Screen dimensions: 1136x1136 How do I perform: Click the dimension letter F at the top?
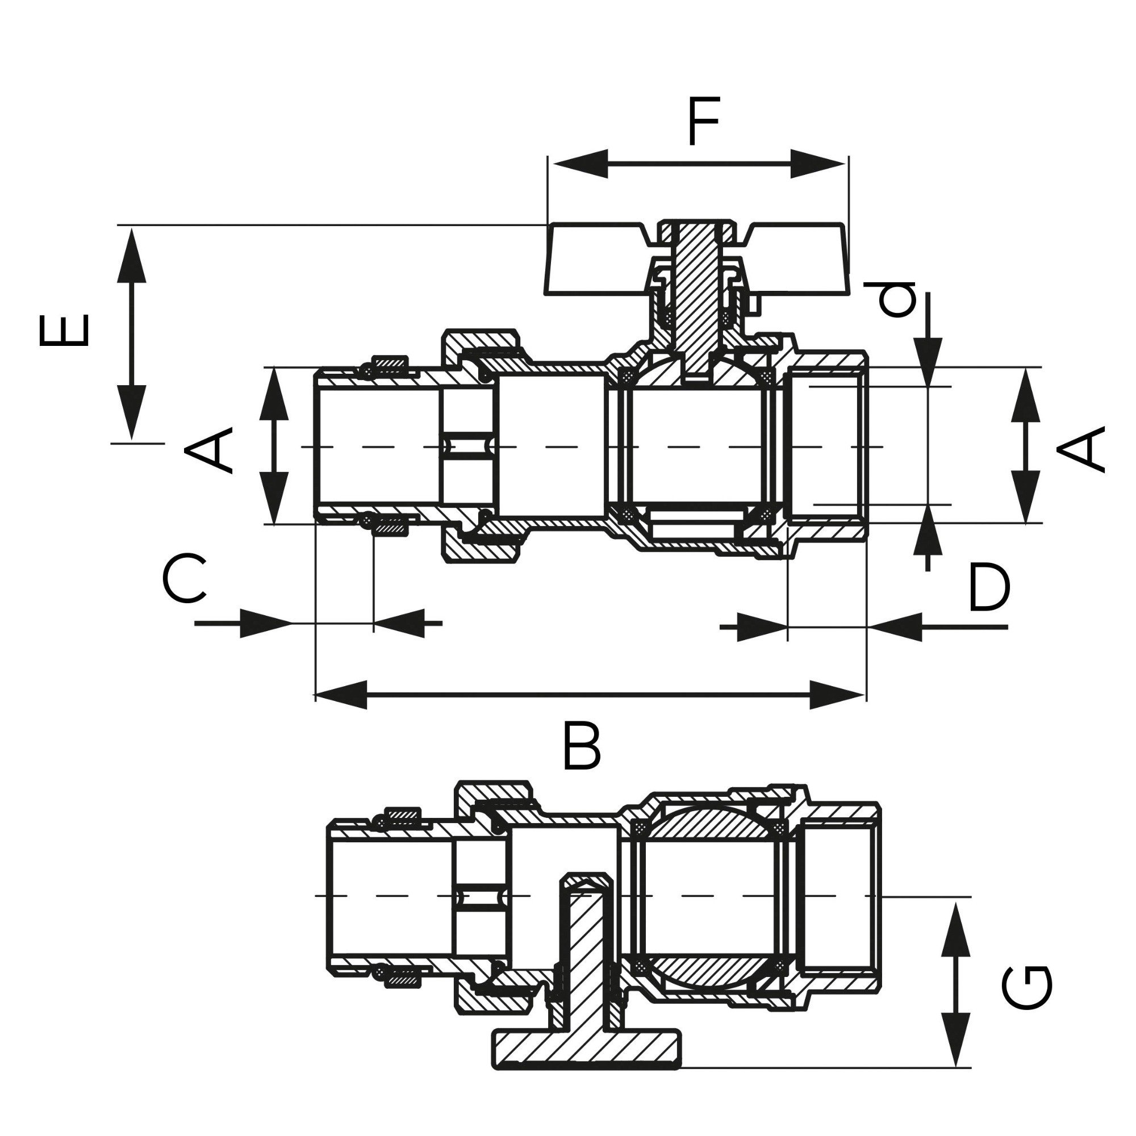(x=704, y=123)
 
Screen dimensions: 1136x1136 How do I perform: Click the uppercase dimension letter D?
(x=989, y=587)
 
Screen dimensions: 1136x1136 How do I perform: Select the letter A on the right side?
(x=1081, y=449)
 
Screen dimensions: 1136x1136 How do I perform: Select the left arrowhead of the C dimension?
(x=265, y=623)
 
